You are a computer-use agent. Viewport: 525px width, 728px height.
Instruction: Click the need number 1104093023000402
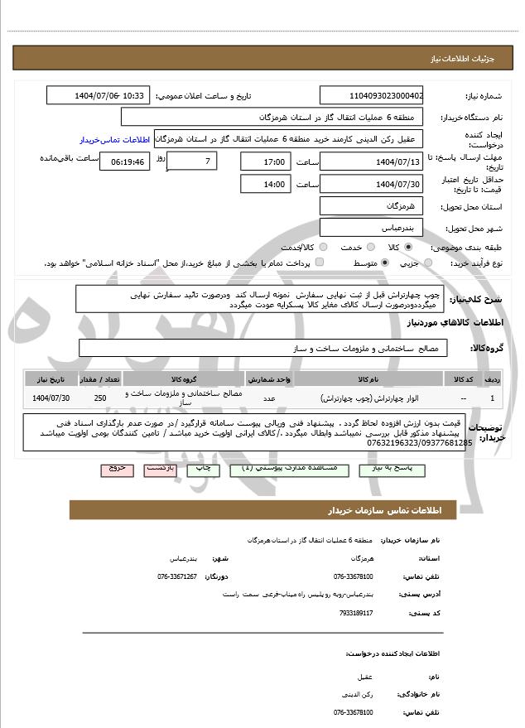click(371, 96)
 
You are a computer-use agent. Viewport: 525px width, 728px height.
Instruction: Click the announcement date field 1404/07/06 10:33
click(99, 96)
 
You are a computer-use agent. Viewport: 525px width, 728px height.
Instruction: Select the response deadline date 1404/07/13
click(371, 162)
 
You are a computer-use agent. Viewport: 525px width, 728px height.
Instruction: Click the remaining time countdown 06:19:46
click(125, 162)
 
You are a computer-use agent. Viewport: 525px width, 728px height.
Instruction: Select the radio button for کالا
click(408, 247)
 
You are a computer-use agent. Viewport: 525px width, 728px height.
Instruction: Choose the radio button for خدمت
click(359, 247)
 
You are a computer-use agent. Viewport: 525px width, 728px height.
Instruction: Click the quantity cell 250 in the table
click(100, 398)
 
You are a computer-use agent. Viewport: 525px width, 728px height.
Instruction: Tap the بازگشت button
click(160, 468)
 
